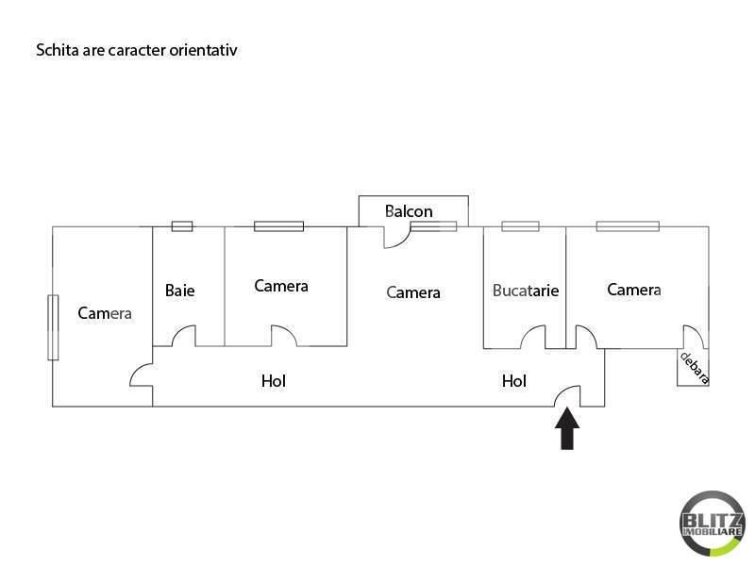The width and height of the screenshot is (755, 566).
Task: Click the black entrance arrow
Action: tap(567, 428)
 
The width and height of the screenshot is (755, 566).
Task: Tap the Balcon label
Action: tap(409, 211)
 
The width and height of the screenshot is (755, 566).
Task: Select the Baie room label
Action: tap(179, 291)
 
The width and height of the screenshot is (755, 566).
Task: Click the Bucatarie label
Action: tap(526, 291)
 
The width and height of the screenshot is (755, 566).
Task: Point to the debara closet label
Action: tap(695, 368)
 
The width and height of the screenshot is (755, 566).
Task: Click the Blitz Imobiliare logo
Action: tap(712, 524)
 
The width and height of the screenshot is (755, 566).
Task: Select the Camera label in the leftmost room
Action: tap(105, 313)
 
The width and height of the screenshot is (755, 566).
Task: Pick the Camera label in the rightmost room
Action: tap(633, 290)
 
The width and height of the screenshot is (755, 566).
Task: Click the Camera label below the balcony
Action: tap(413, 292)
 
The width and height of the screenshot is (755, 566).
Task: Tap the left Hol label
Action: tap(274, 381)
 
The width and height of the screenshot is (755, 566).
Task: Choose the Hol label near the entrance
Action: tap(513, 381)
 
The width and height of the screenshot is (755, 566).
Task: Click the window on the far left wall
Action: tap(53, 327)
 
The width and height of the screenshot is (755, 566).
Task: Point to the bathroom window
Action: tap(182, 226)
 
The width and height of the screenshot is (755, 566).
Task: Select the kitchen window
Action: tap(520, 226)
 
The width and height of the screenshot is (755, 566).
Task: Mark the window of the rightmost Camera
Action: tap(628, 226)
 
